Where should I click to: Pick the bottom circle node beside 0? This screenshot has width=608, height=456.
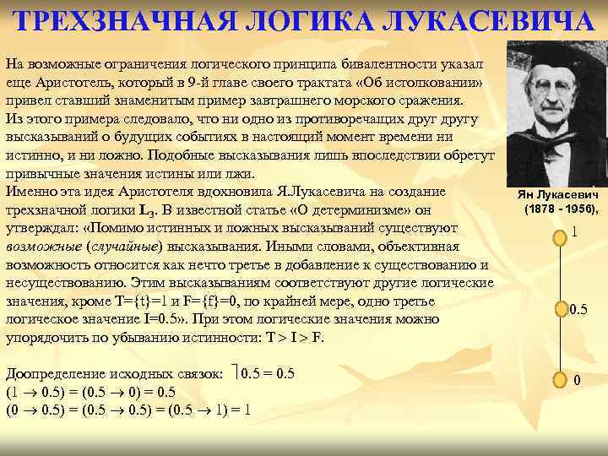pos(557,380)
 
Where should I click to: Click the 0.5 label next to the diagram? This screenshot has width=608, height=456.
pos(578,310)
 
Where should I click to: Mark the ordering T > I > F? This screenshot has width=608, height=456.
pos(293,338)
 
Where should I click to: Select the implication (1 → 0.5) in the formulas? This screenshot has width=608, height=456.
pos(35,392)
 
